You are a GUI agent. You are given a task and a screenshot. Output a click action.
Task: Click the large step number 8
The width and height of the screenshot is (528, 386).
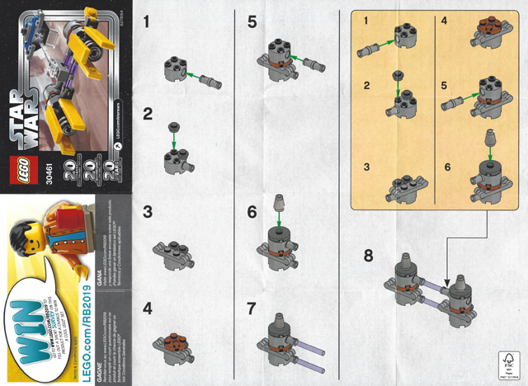[368, 254]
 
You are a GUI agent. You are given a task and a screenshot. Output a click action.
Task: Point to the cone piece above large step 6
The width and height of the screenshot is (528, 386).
[277, 202]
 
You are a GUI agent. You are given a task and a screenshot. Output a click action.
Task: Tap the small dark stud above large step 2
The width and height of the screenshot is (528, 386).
[173, 126]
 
